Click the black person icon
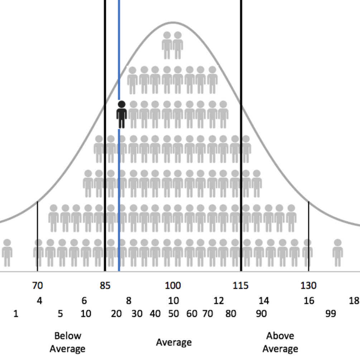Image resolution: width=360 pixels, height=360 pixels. (x=122, y=114)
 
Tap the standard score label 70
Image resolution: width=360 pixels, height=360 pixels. (x=37, y=286)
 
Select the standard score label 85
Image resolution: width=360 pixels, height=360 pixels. (x=105, y=286)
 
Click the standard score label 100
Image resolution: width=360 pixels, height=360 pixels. (x=173, y=286)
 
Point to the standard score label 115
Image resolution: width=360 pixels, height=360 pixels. (x=241, y=286)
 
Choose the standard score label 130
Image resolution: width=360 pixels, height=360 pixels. (x=308, y=286)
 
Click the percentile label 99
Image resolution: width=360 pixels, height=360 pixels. (x=331, y=314)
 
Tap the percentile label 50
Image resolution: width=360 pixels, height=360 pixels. (x=173, y=314)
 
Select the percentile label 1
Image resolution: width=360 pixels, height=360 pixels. (x=16, y=314)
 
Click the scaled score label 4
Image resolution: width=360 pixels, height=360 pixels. (x=39, y=301)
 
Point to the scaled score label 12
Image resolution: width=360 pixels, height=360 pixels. (x=219, y=301)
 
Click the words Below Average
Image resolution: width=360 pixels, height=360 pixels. (x=67, y=342)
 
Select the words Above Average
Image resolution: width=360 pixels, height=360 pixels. (x=280, y=342)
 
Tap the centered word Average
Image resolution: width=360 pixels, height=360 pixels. (x=174, y=342)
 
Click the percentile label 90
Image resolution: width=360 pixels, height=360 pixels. (x=261, y=314)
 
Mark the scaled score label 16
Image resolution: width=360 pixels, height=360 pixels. (x=309, y=301)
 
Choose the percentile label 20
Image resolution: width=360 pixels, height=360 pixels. (x=116, y=314)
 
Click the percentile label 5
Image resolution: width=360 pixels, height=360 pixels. (x=60, y=314)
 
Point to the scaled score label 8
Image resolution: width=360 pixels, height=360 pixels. (x=129, y=301)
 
